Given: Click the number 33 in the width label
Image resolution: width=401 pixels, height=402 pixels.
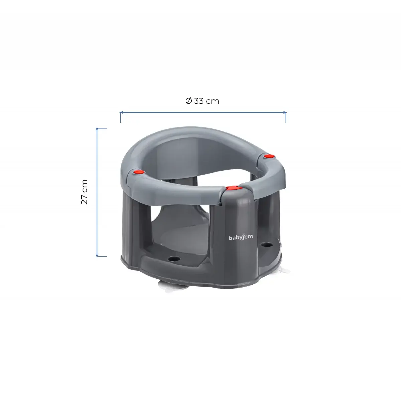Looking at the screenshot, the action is pyautogui.click(x=199, y=101).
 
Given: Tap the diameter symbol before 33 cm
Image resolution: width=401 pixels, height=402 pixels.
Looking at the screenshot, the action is pyautogui.click(x=188, y=101).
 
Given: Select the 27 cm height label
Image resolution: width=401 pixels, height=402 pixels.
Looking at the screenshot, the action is pyautogui.click(x=84, y=192).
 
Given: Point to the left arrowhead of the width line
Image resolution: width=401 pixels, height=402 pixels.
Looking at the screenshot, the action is pyautogui.click(x=121, y=113).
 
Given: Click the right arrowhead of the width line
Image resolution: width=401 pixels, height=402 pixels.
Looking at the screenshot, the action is pyautogui.click(x=285, y=113).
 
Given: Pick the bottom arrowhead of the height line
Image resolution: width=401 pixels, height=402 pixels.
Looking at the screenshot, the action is pyautogui.click(x=97, y=255).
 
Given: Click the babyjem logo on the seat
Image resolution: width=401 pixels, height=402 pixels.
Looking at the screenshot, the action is pyautogui.click(x=241, y=237).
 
